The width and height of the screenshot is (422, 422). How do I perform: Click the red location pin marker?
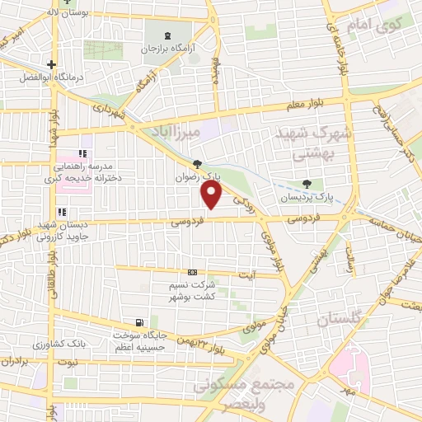tap(212, 195)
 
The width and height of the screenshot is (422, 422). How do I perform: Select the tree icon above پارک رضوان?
tap(196, 164)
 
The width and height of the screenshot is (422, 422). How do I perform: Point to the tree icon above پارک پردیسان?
tap(307, 184)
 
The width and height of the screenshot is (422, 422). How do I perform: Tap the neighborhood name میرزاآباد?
tap(176, 133)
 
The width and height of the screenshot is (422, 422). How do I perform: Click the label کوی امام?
tap(377, 23)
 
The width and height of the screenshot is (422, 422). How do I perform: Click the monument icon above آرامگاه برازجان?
tap(169, 35)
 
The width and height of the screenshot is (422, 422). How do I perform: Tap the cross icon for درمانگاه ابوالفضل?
tap(51, 64)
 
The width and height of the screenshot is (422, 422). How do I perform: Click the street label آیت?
tap(246, 274)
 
